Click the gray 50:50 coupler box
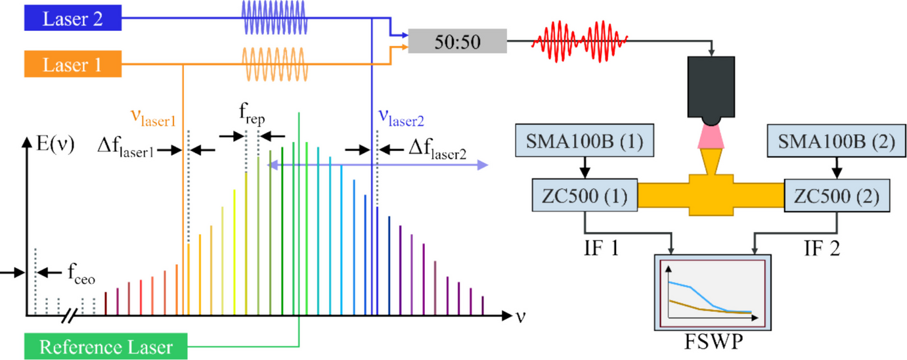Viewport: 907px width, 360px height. click(x=457, y=42)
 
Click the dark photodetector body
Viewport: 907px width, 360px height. click(x=713, y=87)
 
